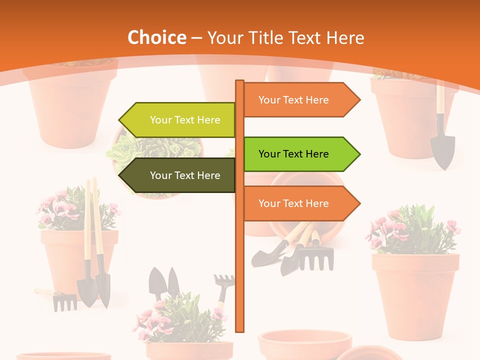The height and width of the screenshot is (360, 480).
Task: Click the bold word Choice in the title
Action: [x=156, y=37]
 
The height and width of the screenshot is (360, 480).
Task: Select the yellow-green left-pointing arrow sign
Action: [x=177, y=120]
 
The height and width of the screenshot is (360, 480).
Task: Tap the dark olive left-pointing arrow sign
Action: [x=177, y=175]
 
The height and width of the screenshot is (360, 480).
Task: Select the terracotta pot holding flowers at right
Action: [x=415, y=290]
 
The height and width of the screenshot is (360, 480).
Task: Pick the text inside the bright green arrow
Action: [x=293, y=154]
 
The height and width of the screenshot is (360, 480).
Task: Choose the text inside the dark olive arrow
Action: [x=185, y=175]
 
